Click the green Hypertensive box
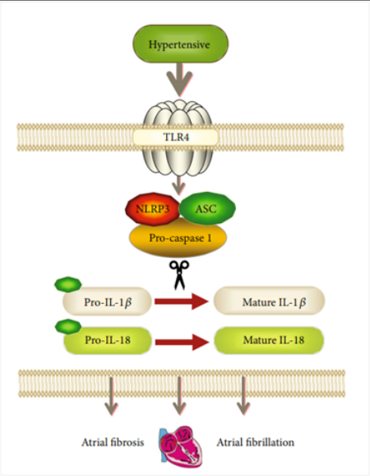tap(181, 44)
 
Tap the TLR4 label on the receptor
tap(176, 137)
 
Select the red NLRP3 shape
tap(153, 209)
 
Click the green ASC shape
tap(207, 208)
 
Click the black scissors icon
tap(179, 274)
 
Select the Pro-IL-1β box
tap(107, 301)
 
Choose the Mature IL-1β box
tap(269, 301)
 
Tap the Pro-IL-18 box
tap(108, 340)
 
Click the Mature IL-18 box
tap(269, 340)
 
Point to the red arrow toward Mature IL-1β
tap(182, 301)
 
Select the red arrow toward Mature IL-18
tap(182, 343)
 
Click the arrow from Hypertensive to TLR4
tap(179, 80)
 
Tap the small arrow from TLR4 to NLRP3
tap(178, 185)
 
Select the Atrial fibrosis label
tap(113, 442)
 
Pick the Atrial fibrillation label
tap(255, 442)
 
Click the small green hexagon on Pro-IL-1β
tap(68, 284)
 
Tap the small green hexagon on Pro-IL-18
tap(68, 327)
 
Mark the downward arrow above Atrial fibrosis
tap(111, 396)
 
